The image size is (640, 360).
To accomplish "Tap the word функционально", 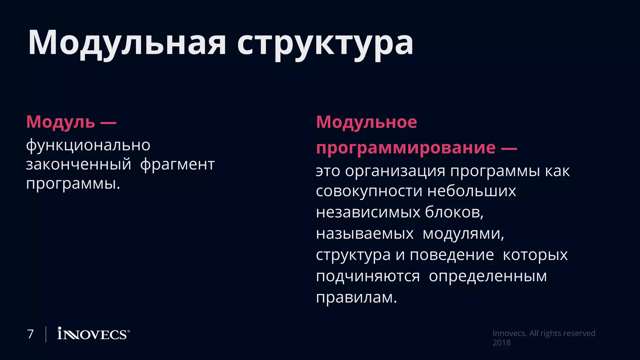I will (x=88, y=145).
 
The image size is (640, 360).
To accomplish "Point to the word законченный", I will (x=78, y=164).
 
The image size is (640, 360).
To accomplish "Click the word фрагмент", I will (x=177, y=164).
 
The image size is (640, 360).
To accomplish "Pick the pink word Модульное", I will (x=366, y=122).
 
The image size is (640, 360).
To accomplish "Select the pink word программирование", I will (x=406, y=147).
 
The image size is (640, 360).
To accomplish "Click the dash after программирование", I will (x=509, y=148).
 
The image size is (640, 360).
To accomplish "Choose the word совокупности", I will (x=368, y=191).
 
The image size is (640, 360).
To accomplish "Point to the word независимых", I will (x=368, y=212).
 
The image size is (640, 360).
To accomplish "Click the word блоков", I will (x=454, y=212).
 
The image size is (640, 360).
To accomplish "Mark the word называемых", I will (x=365, y=233).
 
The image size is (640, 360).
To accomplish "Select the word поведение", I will (x=452, y=255).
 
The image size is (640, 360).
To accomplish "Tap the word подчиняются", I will (x=368, y=276).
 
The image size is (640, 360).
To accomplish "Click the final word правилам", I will (x=356, y=297).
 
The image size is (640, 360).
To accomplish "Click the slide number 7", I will (x=30, y=334).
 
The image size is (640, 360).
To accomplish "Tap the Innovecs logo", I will (x=93, y=334).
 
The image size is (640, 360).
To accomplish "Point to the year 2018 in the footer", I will (x=501, y=343).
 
